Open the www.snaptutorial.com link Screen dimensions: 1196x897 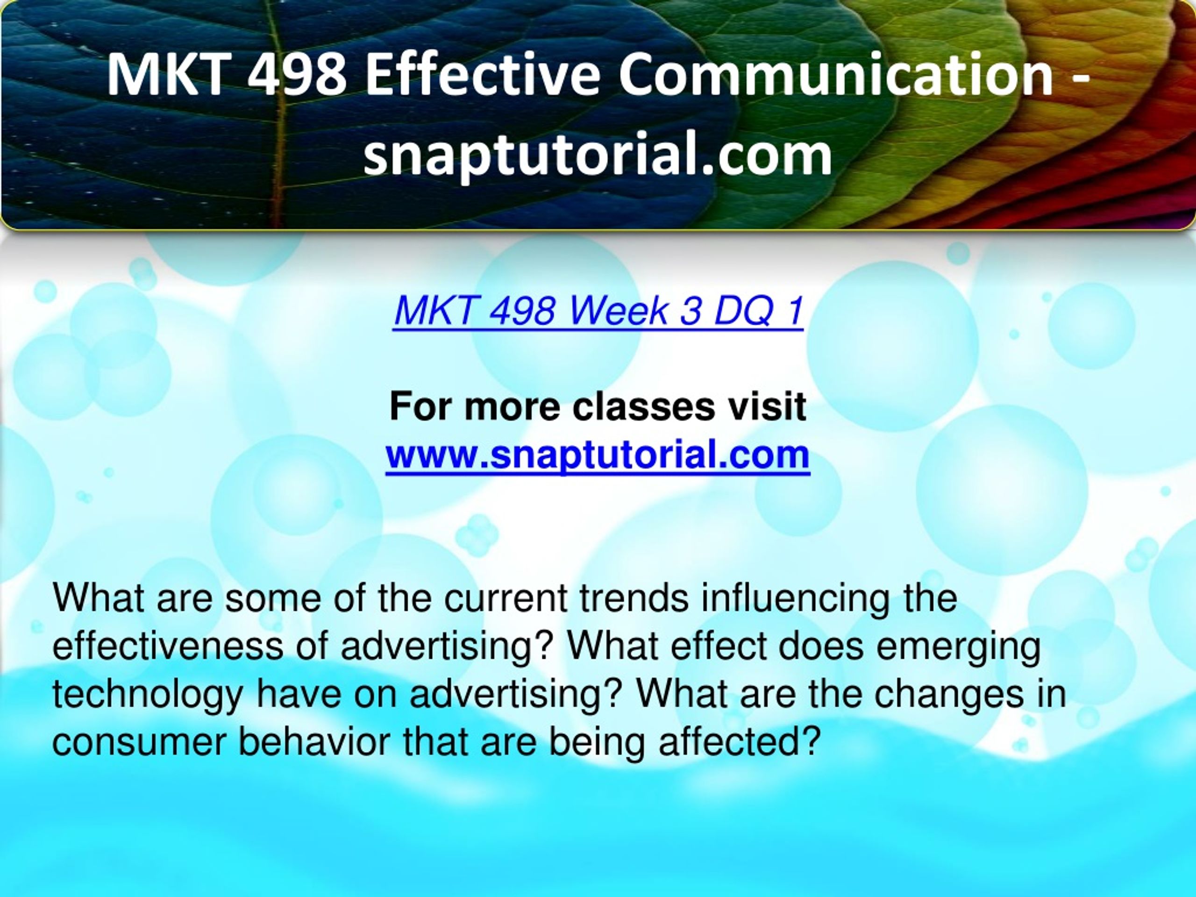click(598, 455)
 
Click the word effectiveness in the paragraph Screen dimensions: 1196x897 click(167, 646)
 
